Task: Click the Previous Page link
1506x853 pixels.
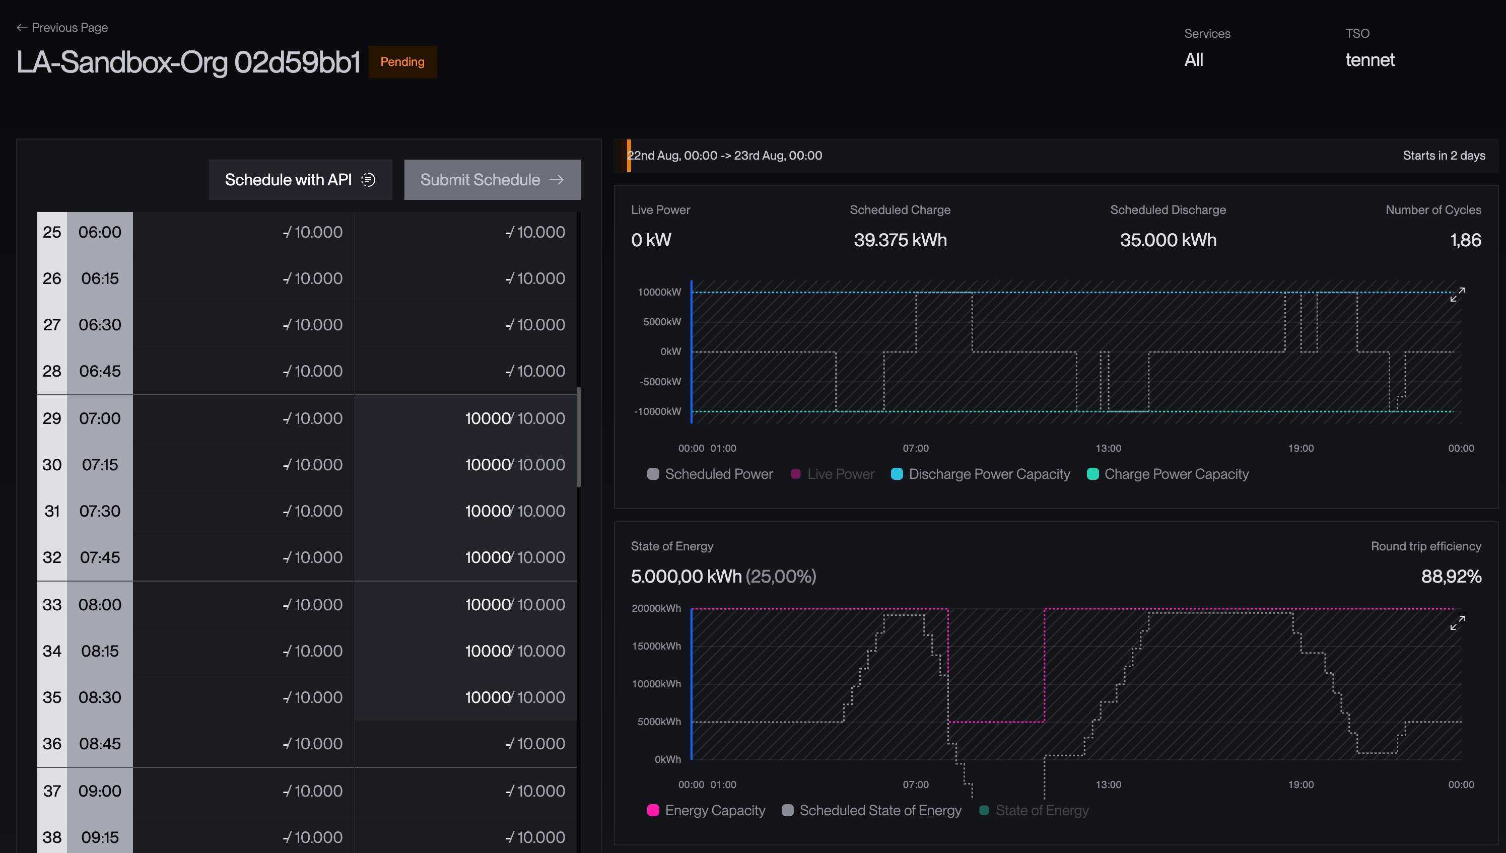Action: (62, 28)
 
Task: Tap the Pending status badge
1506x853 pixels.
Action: (402, 61)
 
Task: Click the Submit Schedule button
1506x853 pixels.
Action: (492, 180)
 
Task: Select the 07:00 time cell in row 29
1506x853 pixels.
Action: (100, 418)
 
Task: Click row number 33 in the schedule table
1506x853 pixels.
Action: (52, 605)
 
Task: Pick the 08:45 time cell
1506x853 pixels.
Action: (100, 743)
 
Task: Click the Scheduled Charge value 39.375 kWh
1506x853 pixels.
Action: (900, 240)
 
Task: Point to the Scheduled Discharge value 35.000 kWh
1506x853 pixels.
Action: (1168, 240)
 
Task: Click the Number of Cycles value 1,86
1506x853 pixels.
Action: (1466, 240)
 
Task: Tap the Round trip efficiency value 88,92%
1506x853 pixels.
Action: (1451, 577)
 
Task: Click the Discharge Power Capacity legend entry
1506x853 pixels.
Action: (980, 474)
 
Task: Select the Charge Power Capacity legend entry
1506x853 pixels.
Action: (1168, 474)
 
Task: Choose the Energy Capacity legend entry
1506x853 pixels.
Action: (706, 810)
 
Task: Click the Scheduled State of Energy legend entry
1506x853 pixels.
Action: (872, 810)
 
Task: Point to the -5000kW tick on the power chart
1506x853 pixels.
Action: (660, 381)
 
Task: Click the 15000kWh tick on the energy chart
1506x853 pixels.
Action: (656, 646)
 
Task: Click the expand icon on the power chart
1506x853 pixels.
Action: (1457, 295)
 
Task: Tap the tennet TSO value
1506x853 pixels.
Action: (1370, 60)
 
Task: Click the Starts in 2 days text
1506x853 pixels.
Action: (1444, 155)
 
